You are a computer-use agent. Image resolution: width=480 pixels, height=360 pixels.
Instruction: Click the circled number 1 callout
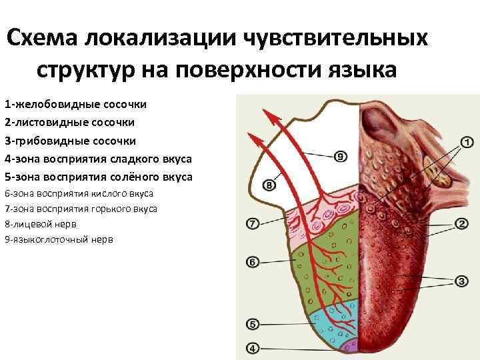(465, 142)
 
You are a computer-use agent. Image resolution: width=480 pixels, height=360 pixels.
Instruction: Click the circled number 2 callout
(461, 224)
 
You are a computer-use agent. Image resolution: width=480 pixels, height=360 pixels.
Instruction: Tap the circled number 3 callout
(461, 281)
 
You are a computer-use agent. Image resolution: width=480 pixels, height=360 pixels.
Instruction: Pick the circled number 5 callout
(253, 325)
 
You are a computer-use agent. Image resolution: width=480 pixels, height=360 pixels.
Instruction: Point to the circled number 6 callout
(253, 262)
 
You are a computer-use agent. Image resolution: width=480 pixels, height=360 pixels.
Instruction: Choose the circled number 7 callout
(253, 224)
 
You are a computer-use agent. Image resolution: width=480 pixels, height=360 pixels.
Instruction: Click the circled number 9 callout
(339, 157)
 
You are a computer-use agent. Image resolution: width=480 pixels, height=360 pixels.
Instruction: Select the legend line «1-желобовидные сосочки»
(75, 105)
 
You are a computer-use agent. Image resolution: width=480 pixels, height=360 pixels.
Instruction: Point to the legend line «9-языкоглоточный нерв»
(59, 239)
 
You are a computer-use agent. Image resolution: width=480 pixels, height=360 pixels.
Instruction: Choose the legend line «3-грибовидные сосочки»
(70, 141)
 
